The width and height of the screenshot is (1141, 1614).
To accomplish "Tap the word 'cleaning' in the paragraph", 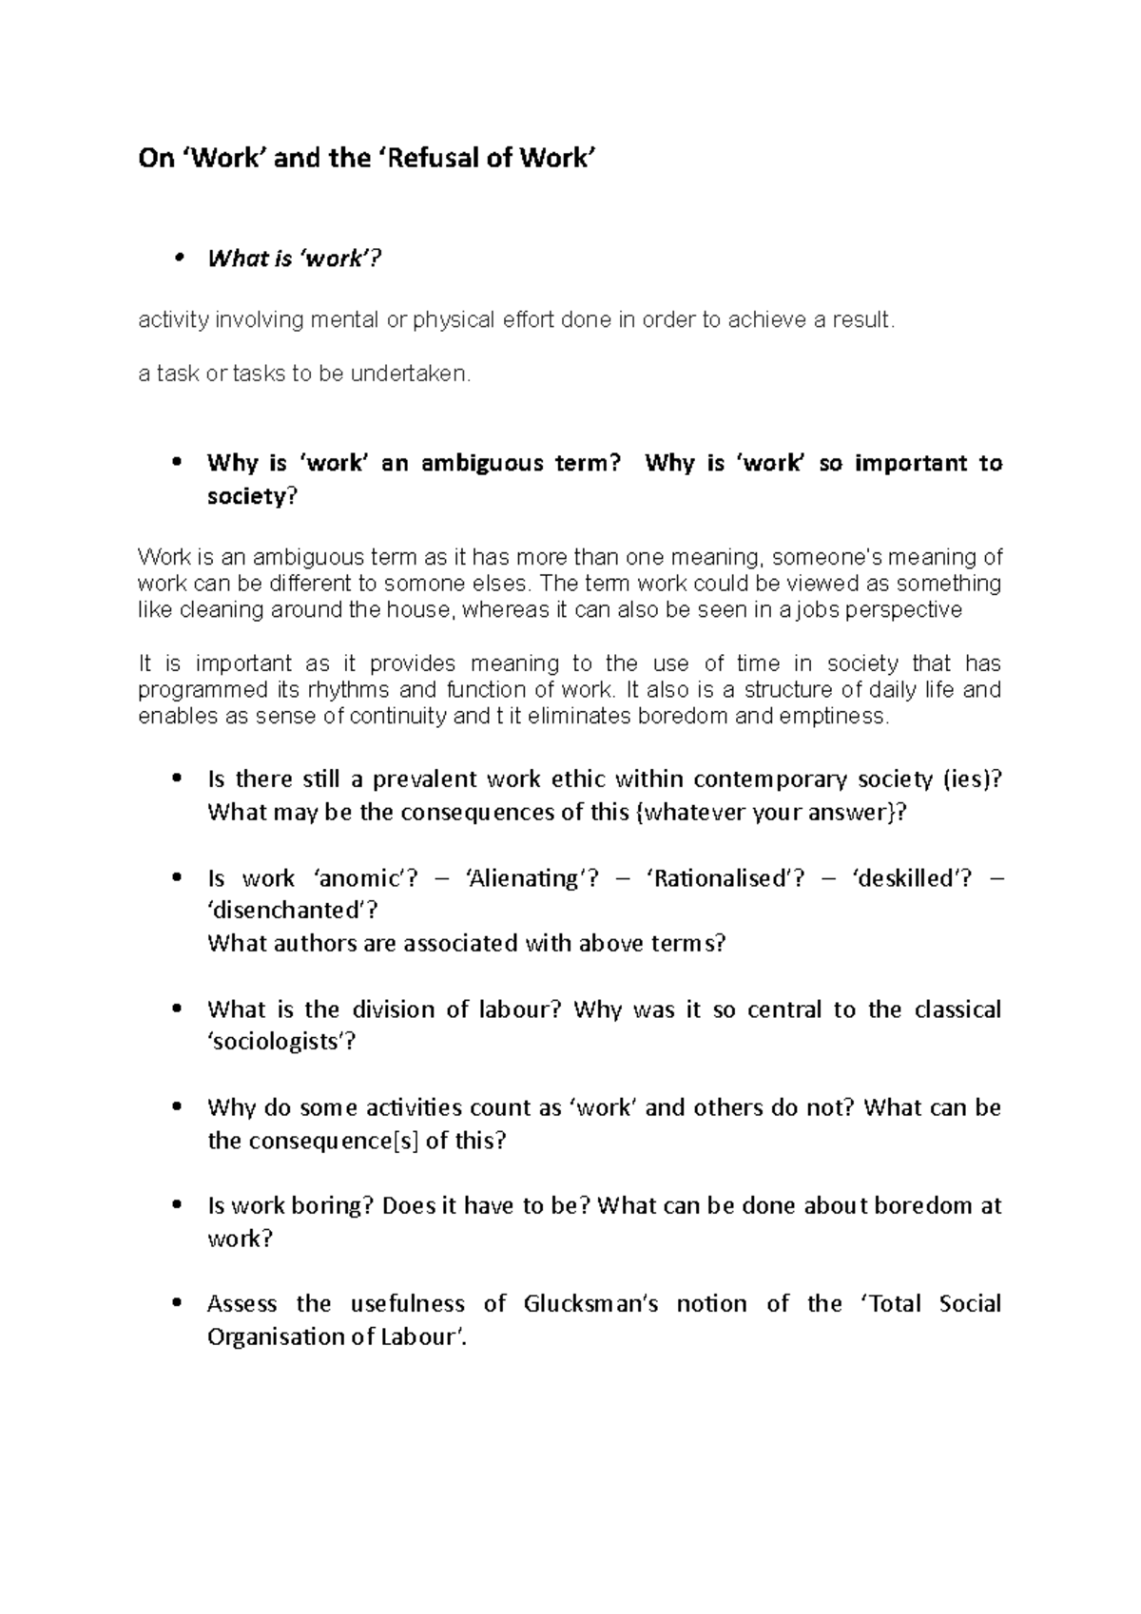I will coord(218,609).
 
